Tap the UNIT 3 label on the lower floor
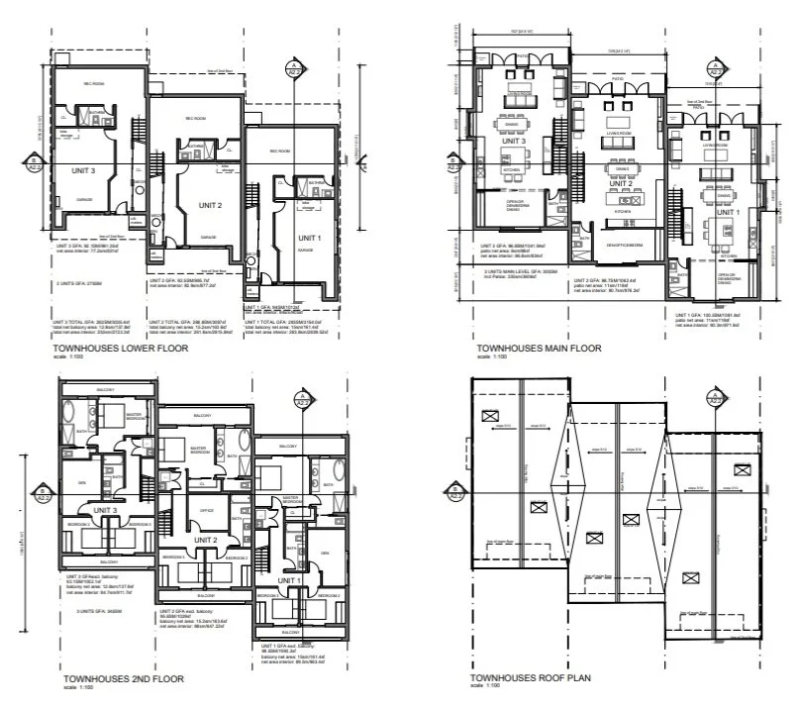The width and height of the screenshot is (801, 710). click(x=83, y=170)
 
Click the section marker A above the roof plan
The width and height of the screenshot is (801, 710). click(x=713, y=398)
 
